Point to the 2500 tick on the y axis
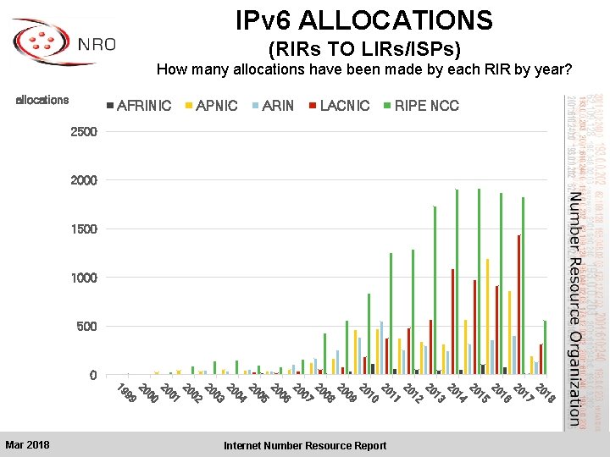[84, 132]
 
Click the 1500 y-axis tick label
[84, 229]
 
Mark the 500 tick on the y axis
[87, 327]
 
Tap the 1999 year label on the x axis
[125, 394]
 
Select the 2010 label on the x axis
[369, 394]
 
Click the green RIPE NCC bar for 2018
[545, 348]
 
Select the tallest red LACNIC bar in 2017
[518, 305]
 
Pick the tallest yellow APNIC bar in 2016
[487, 317]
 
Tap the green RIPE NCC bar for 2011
[391, 313]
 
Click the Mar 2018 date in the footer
[27, 445]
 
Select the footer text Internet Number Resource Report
[305, 445]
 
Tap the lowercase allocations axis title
[42, 100]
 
